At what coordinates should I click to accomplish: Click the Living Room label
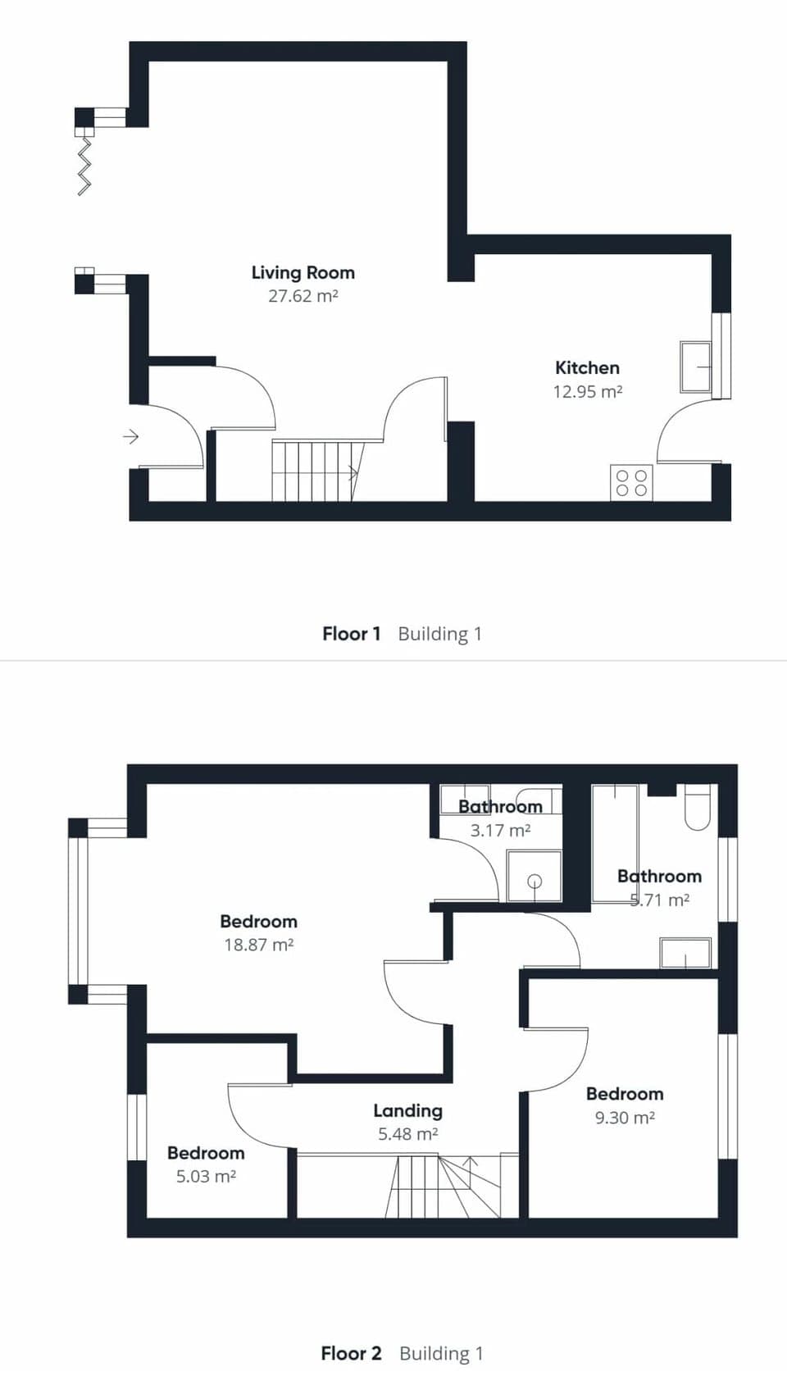[303, 273]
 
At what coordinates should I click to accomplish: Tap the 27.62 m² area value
[303, 296]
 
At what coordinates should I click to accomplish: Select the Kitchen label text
[587, 367]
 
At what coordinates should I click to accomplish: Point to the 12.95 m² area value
[587, 391]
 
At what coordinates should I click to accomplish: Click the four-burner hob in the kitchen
[631, 482]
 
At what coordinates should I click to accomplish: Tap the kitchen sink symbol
[696, 367]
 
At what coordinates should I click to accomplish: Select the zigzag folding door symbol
[84, 166]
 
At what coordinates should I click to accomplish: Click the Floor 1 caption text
[352, 634]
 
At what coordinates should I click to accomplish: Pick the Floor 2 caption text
[351, 1353]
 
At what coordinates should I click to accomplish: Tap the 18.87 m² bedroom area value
[258, 945]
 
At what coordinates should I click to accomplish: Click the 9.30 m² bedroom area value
[624, 1118]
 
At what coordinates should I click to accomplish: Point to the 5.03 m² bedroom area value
[206, 1177]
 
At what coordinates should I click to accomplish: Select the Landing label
[407, 1110]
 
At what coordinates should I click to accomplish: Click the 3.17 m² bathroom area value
[500, 830]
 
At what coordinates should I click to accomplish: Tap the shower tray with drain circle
[535, 877]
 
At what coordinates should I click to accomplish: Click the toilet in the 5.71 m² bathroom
[698, 806]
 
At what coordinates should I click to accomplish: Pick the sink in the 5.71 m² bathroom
[685, 953]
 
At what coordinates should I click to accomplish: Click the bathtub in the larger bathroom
[614, 845]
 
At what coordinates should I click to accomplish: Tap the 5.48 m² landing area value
[407, 1134]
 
